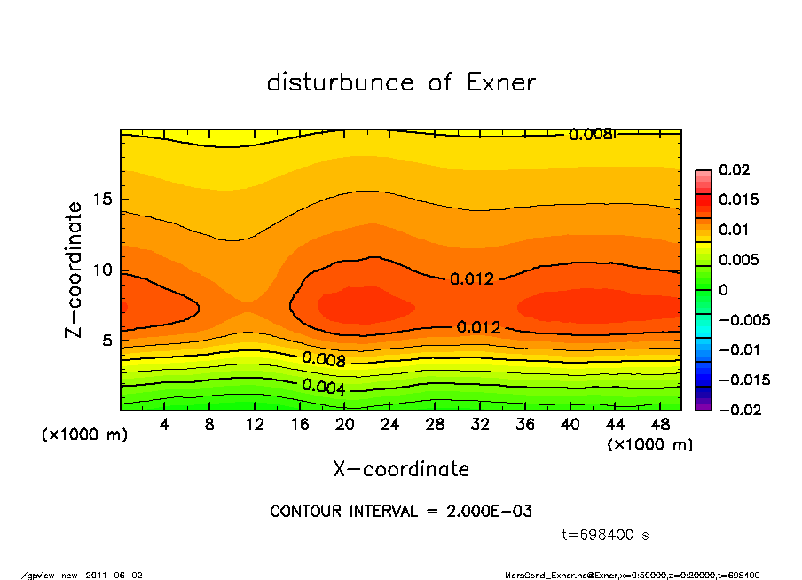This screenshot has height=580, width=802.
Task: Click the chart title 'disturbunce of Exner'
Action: [401, 82]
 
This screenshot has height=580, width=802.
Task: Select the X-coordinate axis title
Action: [401, 468]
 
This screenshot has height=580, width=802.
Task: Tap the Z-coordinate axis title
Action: [75, 270]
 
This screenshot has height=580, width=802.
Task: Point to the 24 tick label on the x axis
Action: [389, 425]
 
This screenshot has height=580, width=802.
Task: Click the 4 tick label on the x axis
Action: [165, 425]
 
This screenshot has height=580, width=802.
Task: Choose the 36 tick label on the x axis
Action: [524, 425]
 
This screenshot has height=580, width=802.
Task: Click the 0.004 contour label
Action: [324, 386]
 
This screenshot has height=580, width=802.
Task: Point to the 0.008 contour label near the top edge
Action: [590, 135]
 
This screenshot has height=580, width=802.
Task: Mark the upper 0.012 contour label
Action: [471, 278]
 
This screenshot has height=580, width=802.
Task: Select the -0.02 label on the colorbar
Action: [738, 410]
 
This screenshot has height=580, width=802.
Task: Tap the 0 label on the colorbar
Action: [723, 290]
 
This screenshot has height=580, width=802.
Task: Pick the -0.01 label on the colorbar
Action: [738, 349]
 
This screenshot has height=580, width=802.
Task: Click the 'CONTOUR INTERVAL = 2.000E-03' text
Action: [401, 512]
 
